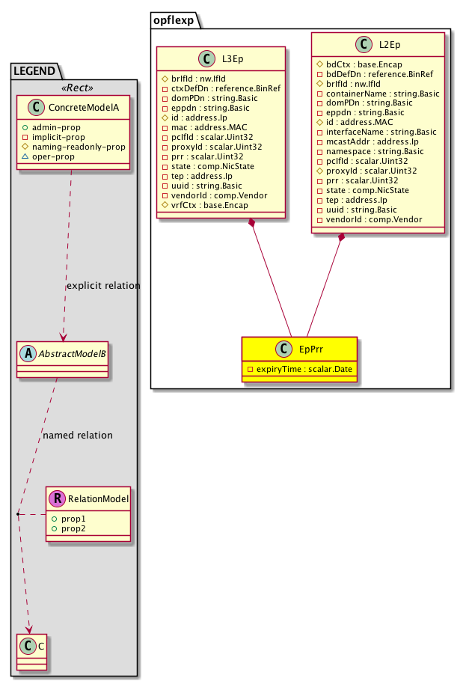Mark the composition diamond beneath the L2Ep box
pyautogui.click(x=341, y=238)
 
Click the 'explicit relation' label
pyautogui.click(x=103, y=285)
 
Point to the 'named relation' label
pyautogui.click(x=79, y=435)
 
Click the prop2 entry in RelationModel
pyautogui.click(x=73, y=528)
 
